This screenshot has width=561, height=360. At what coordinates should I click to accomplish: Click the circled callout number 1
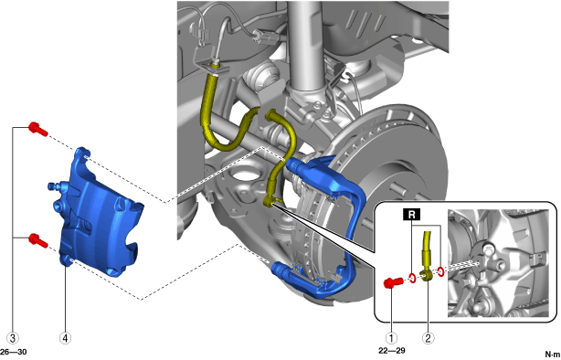(391, 338)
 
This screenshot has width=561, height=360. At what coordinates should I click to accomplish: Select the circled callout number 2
(429, 338)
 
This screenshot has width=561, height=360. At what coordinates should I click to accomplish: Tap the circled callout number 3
(13, 338)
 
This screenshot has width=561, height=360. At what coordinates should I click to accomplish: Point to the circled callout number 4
(66, 338)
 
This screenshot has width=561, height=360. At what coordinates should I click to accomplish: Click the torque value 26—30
(14, 352)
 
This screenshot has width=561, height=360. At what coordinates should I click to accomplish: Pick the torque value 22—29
(392, 351)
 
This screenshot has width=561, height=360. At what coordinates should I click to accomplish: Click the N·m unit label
(553, 355)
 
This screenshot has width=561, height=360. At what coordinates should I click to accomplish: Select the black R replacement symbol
(412, 214)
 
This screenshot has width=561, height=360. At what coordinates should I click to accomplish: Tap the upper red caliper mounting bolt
(38, 129)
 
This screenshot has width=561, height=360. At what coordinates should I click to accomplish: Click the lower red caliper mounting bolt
(38, 240)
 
